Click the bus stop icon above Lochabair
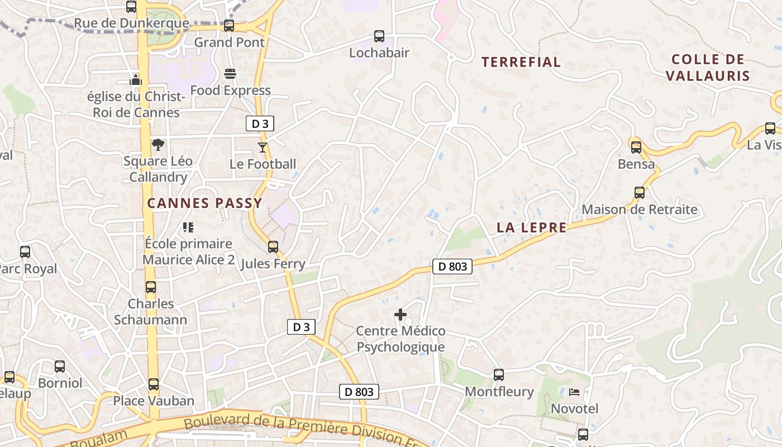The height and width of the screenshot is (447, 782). [x=379, y=36]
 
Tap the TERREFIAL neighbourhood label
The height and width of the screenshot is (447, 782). [x=521, y=62]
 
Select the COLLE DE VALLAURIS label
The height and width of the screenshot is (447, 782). [x=708, y=68]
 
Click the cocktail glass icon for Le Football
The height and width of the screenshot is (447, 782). [x=263, y=148]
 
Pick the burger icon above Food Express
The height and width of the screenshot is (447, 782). [x=230, y=74]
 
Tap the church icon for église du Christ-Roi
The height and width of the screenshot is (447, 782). [x=136, y=80]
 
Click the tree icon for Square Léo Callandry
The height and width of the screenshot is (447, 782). [x=158, y=145]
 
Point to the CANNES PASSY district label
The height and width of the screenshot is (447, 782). [x=204, y=203]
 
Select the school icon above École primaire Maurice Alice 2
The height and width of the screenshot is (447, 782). [x=188, y=227]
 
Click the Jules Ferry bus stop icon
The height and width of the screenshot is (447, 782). [x=273, y=247]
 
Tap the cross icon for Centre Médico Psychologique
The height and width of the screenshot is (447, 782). [x=400, y=315]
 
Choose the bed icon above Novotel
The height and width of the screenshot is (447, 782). [x=574, y=392]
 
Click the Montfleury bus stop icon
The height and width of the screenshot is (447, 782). [x=499, y=375]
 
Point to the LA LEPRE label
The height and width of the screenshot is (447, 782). [x=532, y=227]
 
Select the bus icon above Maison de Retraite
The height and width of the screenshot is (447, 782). [x=640, y=193]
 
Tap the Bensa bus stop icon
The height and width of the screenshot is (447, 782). [x=636, y=148]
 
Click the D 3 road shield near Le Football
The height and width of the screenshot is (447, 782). [x=260, y=124]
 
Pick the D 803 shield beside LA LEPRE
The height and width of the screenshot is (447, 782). [x=452, y=267]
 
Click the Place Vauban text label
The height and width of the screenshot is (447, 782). [x=154, y=401]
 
